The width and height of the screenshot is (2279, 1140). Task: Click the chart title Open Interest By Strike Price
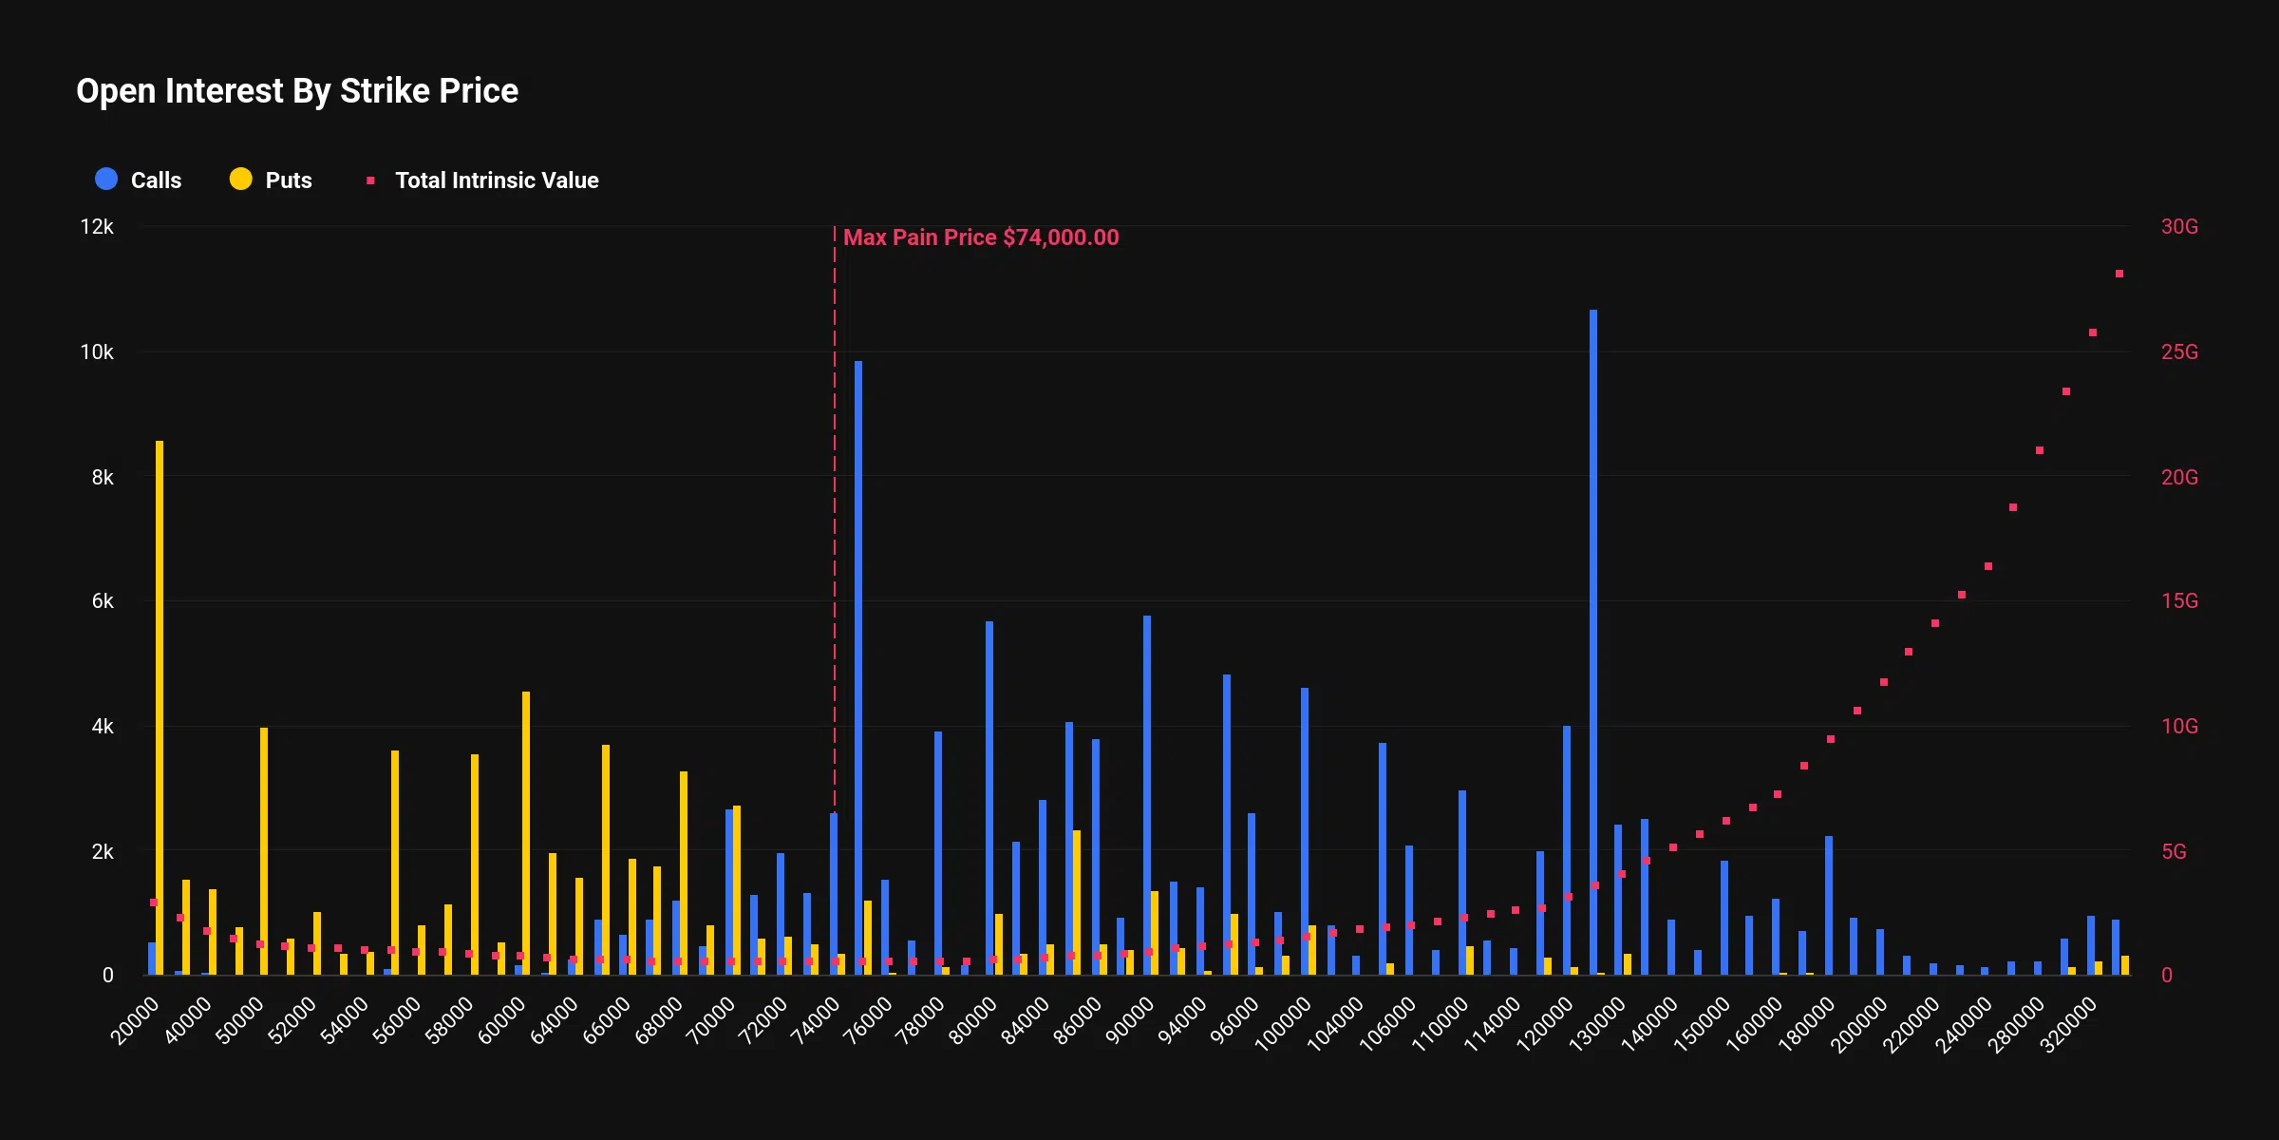(x=297, y=91)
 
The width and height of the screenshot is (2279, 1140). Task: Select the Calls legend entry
(x=139, y=180)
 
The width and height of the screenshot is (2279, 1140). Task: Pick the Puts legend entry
(x=272, y=180)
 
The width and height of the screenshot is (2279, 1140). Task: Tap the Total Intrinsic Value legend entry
(x=484, y=180)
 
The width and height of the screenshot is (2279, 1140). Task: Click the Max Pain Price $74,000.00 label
(x=981, y=237)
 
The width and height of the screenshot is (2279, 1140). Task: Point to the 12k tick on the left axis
(x=97, y=227)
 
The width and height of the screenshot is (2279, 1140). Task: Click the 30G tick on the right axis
(x=2179, y=227)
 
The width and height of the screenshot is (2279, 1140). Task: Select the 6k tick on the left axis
(x=102, y=601)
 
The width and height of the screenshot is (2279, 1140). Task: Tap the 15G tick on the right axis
(x=2179, y=601)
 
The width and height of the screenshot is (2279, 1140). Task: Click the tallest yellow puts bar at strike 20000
(x=160, y=708)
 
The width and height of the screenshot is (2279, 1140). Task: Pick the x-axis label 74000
(x=817, y=1021)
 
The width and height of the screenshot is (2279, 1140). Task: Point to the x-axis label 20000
(x=136, y=1021)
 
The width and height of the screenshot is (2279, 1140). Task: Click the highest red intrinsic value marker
(x=2119, y=274)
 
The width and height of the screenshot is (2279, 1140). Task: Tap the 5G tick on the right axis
(x=2174, y=852)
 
